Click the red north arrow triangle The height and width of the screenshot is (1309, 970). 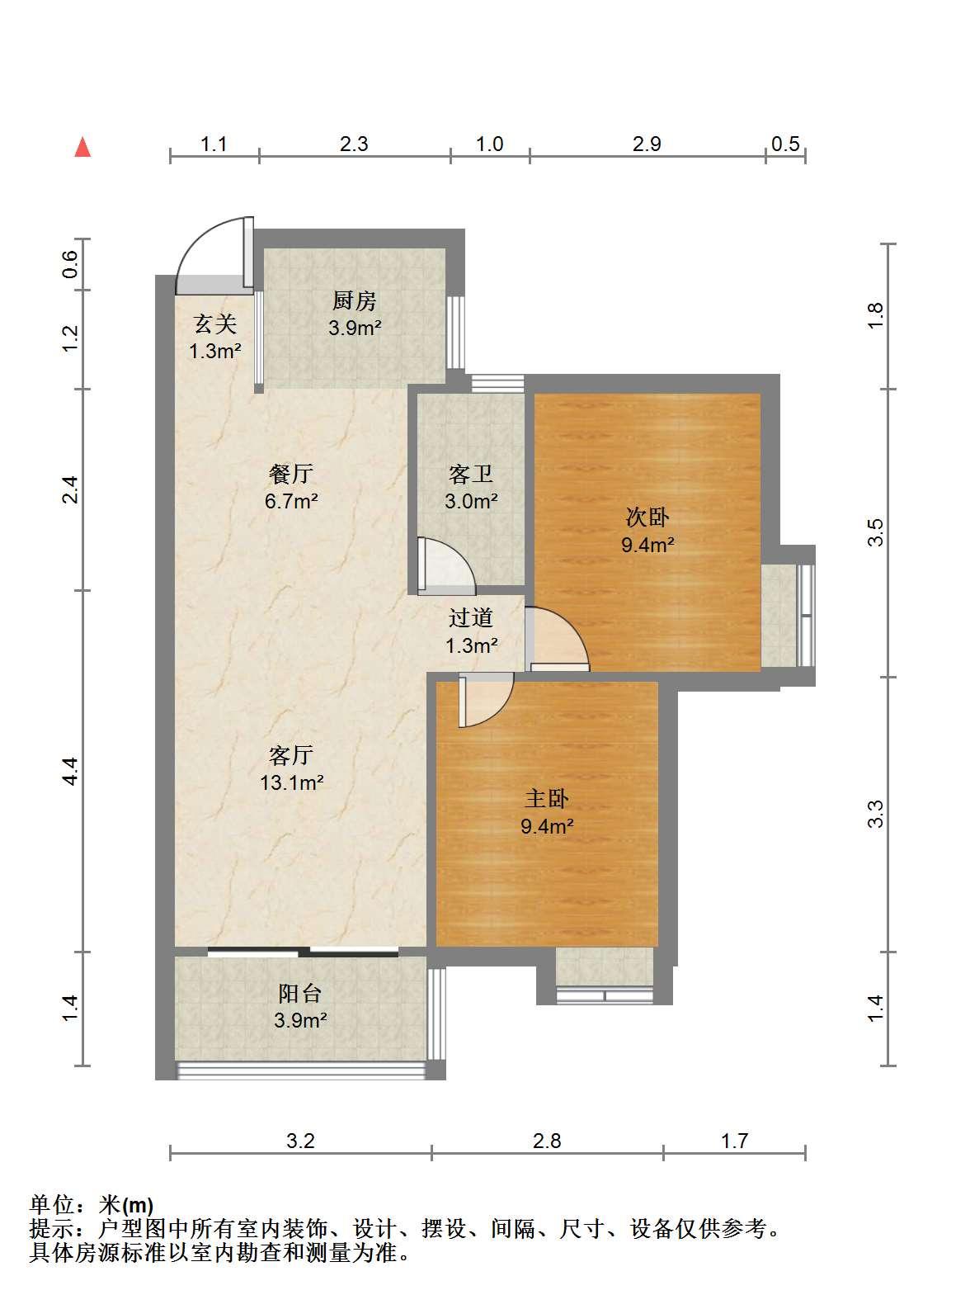[82, 148]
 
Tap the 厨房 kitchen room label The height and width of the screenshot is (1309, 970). [354, 301]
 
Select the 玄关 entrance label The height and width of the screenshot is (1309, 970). [215, 324]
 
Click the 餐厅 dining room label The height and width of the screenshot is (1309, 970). [291, 473]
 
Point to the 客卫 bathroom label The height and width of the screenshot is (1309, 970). [471, 474]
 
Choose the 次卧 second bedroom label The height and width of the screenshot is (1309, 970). [647, 517]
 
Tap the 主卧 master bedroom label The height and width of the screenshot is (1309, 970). [546, 799]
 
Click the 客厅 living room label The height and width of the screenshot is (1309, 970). [291, 755]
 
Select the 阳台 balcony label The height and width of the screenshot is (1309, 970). [300, 993]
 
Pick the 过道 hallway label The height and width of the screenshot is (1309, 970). [471, 618]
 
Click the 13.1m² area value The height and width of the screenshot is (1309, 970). [292, 782]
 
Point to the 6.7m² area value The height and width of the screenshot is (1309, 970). [291, 502]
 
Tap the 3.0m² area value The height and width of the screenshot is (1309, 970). [472, 502]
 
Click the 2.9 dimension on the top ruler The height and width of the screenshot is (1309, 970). [647, 144]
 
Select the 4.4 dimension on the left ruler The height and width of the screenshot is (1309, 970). [70, 772]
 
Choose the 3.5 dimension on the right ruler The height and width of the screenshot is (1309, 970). [876, 532]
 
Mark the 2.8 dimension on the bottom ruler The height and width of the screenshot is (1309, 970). [547, 1141]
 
